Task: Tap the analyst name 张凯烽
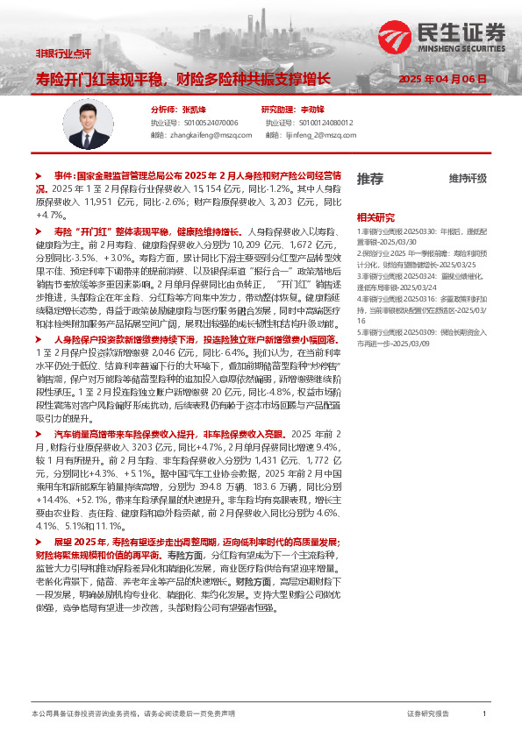(193, 110)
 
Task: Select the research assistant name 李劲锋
(312, 110)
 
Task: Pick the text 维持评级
(467, 179)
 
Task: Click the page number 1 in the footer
(484, 714)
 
